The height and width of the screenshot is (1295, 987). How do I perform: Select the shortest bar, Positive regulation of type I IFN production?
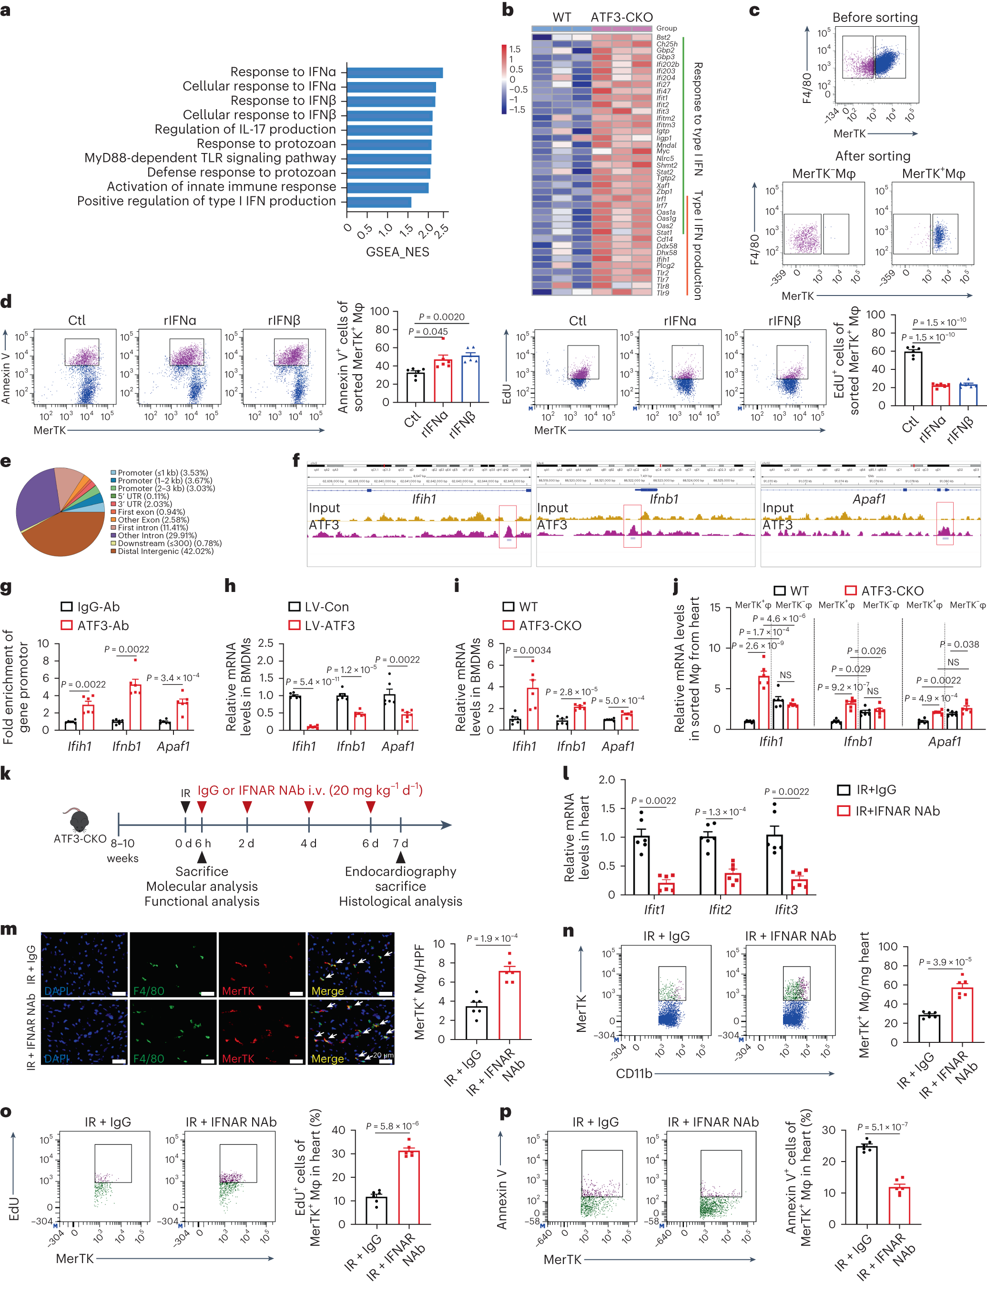379,202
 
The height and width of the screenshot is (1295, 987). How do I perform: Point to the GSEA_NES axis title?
397,252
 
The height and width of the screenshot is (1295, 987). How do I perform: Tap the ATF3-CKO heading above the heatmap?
621,17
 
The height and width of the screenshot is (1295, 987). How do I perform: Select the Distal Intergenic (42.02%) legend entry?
166,551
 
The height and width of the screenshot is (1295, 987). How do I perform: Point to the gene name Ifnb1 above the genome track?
664,499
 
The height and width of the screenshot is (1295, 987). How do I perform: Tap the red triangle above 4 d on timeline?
308,807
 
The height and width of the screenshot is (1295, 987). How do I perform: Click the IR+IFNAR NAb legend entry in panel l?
896,811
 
